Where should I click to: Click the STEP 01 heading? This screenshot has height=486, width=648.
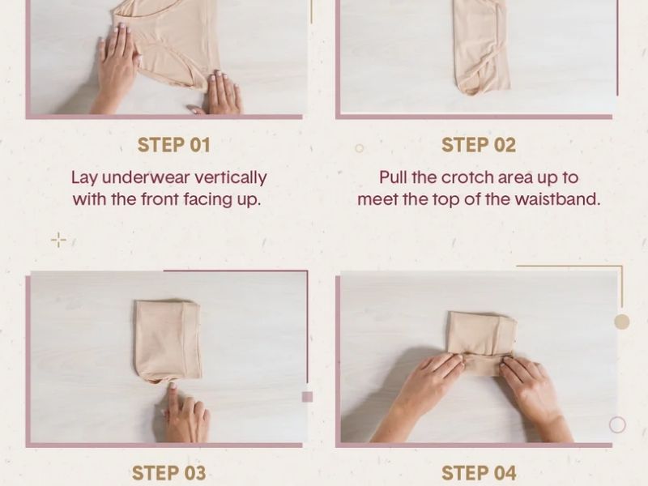[173, 145]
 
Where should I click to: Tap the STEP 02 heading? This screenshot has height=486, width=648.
[479, 145]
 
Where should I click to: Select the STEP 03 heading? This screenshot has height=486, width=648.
[168, 473]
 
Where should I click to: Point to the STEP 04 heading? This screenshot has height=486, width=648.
[479, 473]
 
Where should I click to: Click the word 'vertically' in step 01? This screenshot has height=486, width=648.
[231, 178]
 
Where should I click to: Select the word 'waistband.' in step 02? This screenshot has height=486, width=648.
[557, 199]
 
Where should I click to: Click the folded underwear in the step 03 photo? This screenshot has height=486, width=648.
[168, 340]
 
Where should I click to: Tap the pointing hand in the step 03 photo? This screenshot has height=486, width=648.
[185, 413]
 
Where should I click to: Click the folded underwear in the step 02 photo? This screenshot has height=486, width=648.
[481, 45]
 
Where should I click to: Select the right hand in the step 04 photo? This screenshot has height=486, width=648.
[533, 397]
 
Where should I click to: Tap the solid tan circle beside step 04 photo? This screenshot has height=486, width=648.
[622, 322]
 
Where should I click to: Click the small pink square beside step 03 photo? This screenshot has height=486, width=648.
[307, 397]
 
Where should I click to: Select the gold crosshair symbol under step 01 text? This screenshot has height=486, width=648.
[58, 240]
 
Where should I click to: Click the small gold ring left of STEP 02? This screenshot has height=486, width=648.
[359, 148]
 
